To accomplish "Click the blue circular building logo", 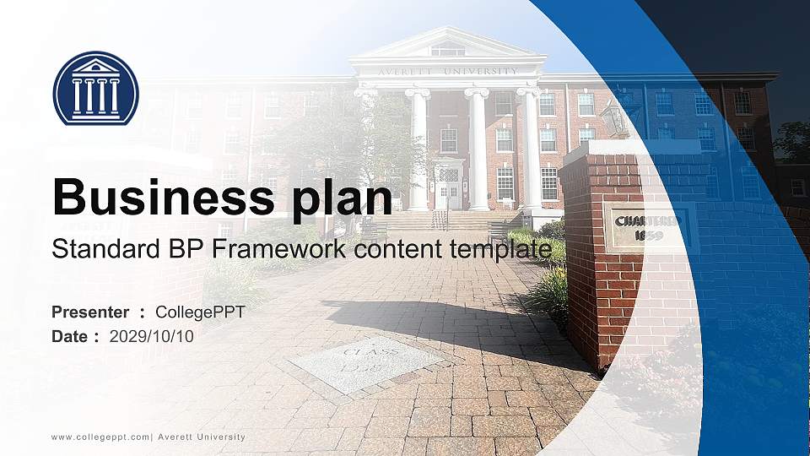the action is (95, 88).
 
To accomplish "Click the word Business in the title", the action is (164, 197).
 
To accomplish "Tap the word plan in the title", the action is (342, 199).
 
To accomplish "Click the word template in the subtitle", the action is (500, 250).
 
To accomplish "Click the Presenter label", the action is (90, 312).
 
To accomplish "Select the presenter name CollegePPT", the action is (200, 312).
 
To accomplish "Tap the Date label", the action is (69, 337).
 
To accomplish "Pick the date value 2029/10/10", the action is (151, 337).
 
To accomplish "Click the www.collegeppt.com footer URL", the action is (100, 437).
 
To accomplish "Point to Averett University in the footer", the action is (202, 437).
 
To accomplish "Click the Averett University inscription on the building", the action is (448, 72).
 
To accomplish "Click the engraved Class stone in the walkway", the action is (365, 363).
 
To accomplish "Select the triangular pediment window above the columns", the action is (448, 49).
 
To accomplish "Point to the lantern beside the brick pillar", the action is (615, 118).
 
